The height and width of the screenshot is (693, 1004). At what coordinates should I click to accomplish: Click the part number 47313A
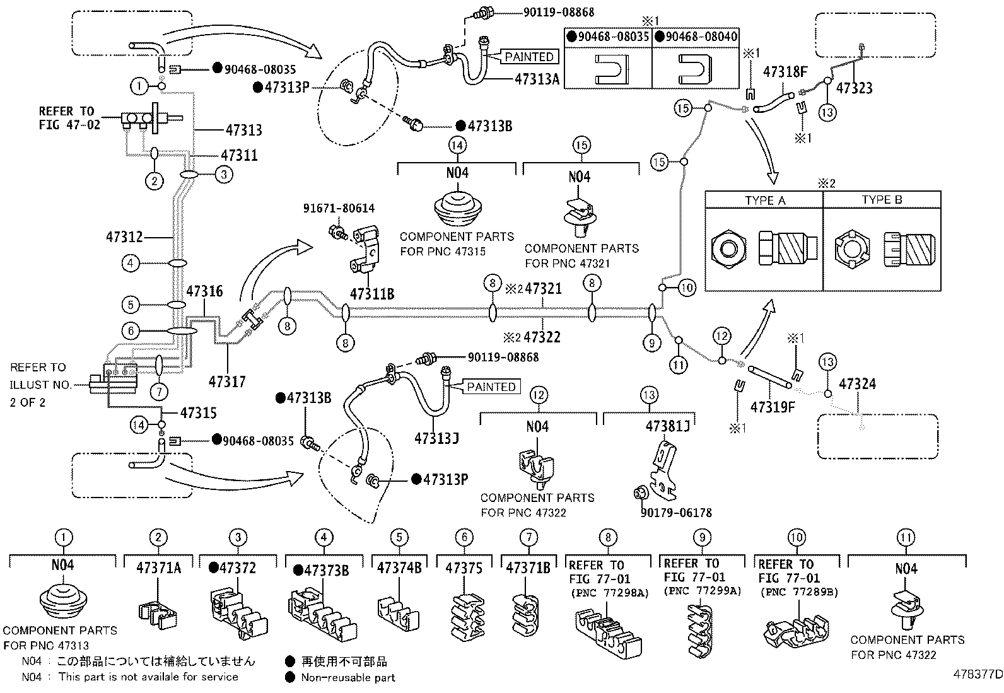coord(537,79)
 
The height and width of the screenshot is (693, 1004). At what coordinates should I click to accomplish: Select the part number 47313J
coord(436,438)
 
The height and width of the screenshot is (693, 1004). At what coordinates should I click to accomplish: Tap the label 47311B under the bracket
coord(372,294)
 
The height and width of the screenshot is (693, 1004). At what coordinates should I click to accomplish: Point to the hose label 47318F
coord(785,72)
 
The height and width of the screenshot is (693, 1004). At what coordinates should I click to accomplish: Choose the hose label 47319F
coord(773,407)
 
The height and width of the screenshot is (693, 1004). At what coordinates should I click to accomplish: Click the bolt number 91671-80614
coord(339,208)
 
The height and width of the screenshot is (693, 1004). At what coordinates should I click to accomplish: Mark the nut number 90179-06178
coord(676,513)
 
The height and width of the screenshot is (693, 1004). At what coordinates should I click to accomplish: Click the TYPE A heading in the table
coord(765,201)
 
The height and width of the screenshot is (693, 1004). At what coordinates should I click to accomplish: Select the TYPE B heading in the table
coord(882,199)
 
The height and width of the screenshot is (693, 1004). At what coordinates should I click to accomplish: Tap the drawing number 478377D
coord(978,674)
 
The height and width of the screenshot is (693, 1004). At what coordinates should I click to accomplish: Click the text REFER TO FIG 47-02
coord(69,118)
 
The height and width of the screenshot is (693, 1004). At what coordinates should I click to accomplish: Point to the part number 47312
coord(124,236)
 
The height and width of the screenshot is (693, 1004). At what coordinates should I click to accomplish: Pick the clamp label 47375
coord(464,568)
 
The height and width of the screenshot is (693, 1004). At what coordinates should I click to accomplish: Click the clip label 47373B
coord(321,571)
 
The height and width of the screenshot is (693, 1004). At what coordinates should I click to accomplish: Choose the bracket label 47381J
coord(667,426)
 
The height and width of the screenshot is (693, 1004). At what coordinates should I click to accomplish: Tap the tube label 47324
coord(858,384)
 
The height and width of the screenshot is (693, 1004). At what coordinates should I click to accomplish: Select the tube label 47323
coord(855,88)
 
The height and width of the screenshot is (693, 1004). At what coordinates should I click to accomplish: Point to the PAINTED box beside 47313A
coord(529,57)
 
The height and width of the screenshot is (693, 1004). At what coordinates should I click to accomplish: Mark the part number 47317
coord(227,381)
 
